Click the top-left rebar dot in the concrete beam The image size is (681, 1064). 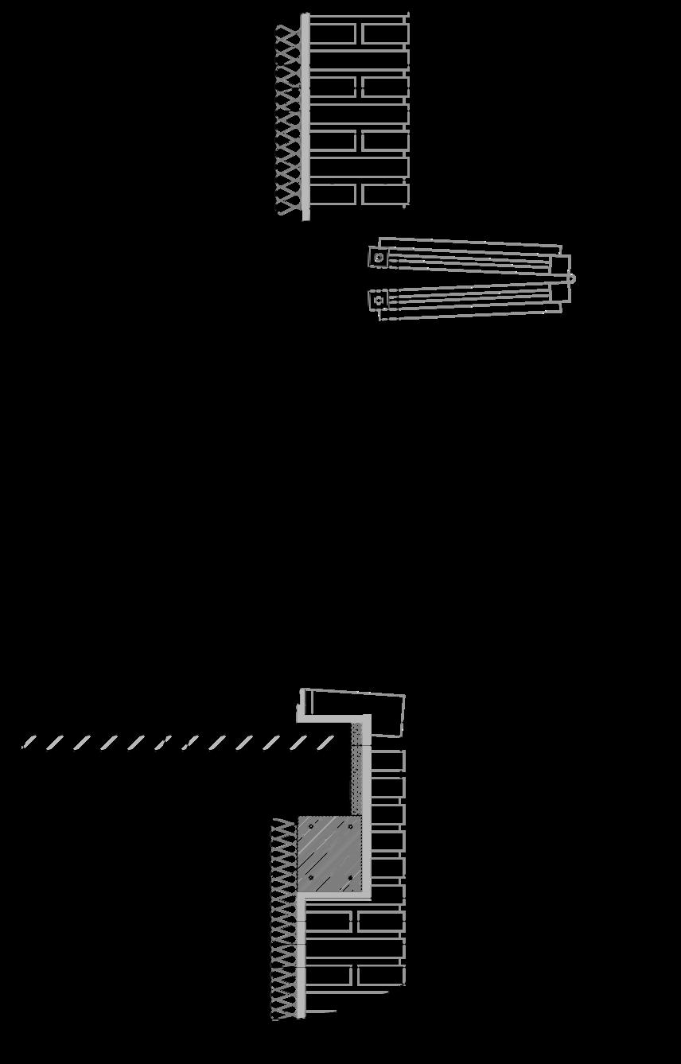[x=310, y=827]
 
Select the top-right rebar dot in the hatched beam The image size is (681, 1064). [x=350, y=827]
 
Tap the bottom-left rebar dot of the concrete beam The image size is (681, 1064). [x=310, y=878]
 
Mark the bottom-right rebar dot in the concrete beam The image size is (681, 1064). [x=350, y=878]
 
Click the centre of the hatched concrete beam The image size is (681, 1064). [x=329, y=853]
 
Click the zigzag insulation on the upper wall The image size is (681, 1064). [x=287, y=119]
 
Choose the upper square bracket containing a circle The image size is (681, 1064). [x=379, y=258]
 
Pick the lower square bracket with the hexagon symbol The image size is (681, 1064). [x=379, y=300]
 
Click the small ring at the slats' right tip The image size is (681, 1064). [x=570, y=279]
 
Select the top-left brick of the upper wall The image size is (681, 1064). [x=332, y=33]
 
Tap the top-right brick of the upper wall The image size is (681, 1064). [x=385, y=33]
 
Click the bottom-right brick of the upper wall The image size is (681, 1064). [x=385, y=194]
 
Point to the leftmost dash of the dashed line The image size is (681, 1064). [x=28, y=743]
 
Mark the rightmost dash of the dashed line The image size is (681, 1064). [x=325, y=743]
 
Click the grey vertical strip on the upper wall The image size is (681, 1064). [x=305, y=116]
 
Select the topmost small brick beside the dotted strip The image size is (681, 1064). [x=387, y=760]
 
